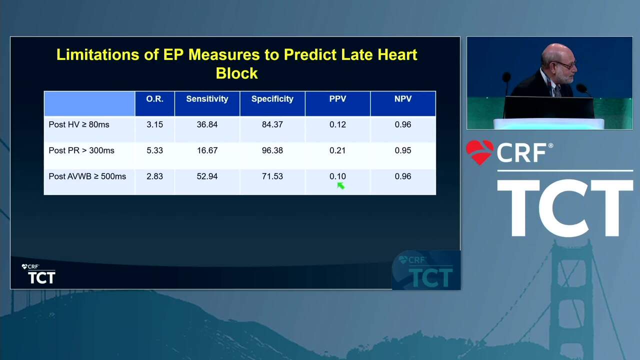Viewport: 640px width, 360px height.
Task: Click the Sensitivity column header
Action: (x=207, y=99)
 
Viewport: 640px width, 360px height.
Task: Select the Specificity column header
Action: (x=272, y=99)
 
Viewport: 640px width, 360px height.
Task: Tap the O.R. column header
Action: (x=154, y=99)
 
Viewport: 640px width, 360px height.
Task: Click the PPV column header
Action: (x=337, y=99)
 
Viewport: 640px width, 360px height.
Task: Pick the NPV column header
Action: (x=403, y=99)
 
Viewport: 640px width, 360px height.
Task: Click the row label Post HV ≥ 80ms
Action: (x=79, y=124)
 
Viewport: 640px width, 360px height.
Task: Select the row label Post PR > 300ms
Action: (x=81, y=150)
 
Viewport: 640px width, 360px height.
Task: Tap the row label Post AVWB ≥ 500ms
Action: (x=87, y=176)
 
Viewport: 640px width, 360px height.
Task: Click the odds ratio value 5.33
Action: (x=154, y=150)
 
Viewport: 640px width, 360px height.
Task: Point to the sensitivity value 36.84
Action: (x=207, y=124)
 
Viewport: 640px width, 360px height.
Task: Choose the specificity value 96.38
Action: (x=272, y=150)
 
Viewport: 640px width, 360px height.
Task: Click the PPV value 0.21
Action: (x=337, y=150)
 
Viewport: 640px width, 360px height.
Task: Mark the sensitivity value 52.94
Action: (x=207, y=176)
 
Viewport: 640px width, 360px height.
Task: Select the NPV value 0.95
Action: (x=403, y=150)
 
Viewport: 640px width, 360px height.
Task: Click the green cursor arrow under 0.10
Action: (x=341, y=186)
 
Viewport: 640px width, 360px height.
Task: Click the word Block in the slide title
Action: (x=237, y=73)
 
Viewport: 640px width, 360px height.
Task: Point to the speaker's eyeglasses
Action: (x=567, y=65)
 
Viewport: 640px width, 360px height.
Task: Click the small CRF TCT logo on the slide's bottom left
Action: (x=38, y=274)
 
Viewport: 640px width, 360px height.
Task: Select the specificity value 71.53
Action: (x=272, y=176)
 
